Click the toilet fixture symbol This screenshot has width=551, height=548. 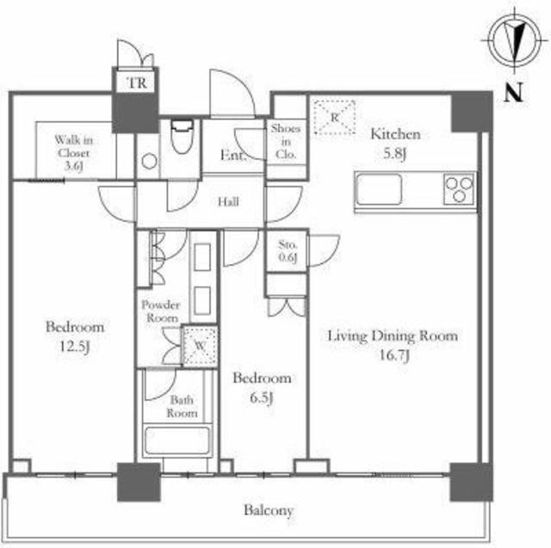click(182, 136)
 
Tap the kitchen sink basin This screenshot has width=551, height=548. click(379, 189)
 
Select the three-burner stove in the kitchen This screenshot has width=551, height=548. click(459, 189)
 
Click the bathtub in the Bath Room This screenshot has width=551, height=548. click(177, 440)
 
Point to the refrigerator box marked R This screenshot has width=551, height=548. click(334, 117)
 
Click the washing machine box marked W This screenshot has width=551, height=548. click(200, 346)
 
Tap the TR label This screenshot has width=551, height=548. click(137, 83)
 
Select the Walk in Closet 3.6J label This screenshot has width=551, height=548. click(73, 153)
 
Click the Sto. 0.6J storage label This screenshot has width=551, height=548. click(288, 250)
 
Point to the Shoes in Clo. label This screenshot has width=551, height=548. click(285, 141)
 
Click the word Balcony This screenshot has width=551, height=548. click(269, 510)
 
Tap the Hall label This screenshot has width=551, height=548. click(228, 202)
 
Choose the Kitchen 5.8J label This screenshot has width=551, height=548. click(395, 144)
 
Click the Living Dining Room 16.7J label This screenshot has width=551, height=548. click(393, 345)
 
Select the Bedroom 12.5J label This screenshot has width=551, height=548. click(75, 336)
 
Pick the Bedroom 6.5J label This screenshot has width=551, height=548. click(262, 388)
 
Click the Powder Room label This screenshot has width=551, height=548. click(161, 311)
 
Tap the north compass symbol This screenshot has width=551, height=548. click(515, 40)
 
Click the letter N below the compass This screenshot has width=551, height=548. click(513, 93)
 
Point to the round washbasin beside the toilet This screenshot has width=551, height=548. click(149, 162)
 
